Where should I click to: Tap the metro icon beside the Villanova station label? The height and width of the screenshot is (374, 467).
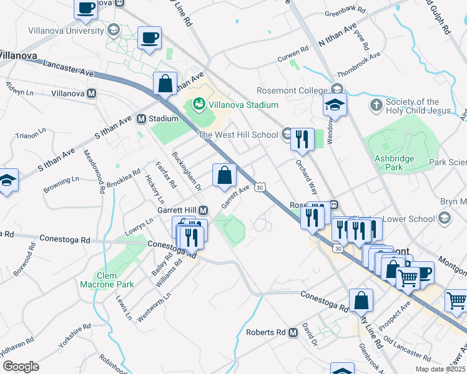click(x=92, y=93)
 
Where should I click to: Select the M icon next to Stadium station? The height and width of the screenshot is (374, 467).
click(x=141, y=118)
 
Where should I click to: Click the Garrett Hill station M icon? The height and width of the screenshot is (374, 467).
click(x=204, y=210)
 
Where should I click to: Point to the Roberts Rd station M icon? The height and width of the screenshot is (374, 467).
click(x=293, y=333)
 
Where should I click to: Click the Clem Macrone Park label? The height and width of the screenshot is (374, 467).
click(x=107, y=280)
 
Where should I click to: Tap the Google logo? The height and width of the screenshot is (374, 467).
click(x=21, y=366)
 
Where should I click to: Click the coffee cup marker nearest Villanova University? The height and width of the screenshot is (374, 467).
click(x=149, y=38)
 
